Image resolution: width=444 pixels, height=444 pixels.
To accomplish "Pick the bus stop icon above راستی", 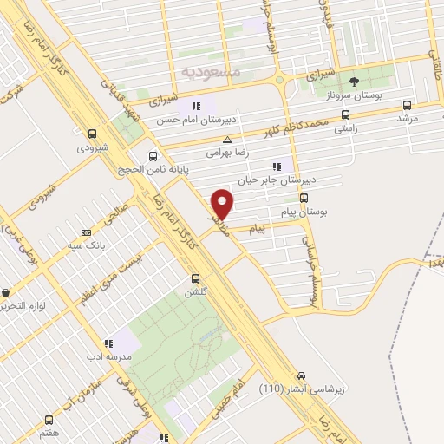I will (x=346, y=114).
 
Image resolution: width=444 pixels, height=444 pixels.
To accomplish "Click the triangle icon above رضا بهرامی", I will (x=227, y=139).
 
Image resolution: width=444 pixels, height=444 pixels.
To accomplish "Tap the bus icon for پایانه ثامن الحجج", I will (x=153, y=157).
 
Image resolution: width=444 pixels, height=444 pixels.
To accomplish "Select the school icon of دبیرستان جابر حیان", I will (x=277, y=166).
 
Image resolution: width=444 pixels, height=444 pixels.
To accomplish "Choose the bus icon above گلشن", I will (x=195, y=278).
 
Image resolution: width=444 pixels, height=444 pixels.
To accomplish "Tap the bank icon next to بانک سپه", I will (x=86, y=232).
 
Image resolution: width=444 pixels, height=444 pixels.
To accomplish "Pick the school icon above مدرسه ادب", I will (x=108, y=344).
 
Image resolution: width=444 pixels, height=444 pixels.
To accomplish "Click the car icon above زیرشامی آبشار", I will (x=300, y=376).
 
